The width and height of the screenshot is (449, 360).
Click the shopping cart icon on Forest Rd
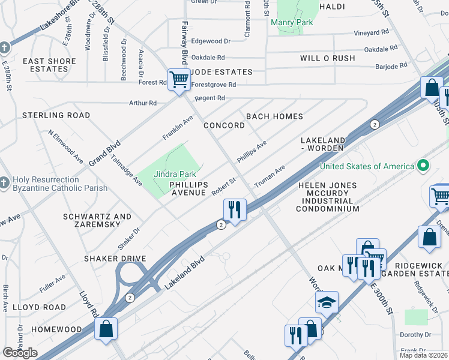point(179,79)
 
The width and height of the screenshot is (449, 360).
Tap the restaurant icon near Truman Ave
point(234,210)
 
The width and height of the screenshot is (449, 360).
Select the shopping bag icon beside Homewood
point(106,328)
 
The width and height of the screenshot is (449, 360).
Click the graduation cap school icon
point(327,302)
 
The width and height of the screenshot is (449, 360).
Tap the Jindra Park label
point(175,174)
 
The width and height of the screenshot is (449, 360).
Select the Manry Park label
point(292,23)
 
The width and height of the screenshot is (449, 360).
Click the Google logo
point(20,353)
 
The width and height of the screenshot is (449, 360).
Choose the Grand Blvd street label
point(105,153)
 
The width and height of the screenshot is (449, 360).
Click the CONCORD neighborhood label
point(224,125)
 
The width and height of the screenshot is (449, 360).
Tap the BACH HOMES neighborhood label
point(274,116)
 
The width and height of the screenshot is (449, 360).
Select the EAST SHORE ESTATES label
point(49,65)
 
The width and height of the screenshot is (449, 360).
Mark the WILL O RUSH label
point(327,58)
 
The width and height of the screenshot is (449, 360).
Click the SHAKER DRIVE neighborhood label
point(116,259)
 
